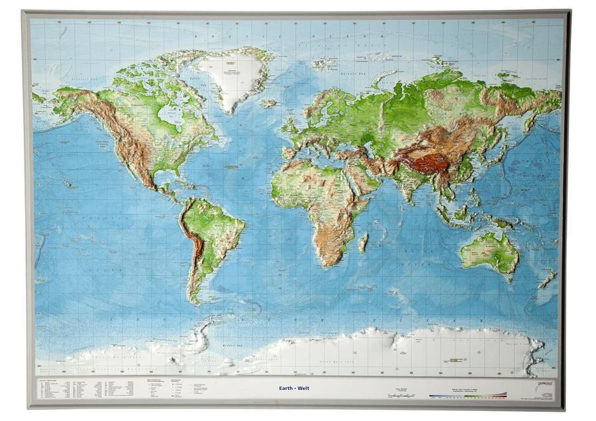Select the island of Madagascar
pos(363,242)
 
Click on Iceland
pos(268,104)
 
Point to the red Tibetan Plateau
pos(424,160)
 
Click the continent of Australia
pos(490,252)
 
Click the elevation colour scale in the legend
pos(467,396)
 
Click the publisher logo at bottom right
pos(545,383)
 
